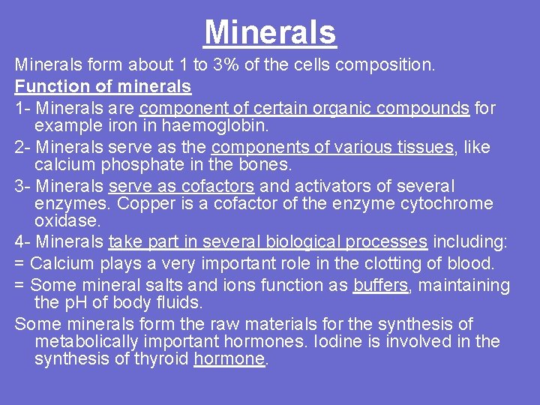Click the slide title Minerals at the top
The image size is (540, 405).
(x=270, y=33)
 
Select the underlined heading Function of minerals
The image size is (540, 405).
(x=103, y=87)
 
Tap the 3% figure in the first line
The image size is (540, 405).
(x=226, y=65)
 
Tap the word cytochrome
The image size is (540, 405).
(x=448, y=204)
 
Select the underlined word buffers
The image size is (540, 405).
(x=380, y=286)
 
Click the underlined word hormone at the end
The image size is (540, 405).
(x=229, y=359)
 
